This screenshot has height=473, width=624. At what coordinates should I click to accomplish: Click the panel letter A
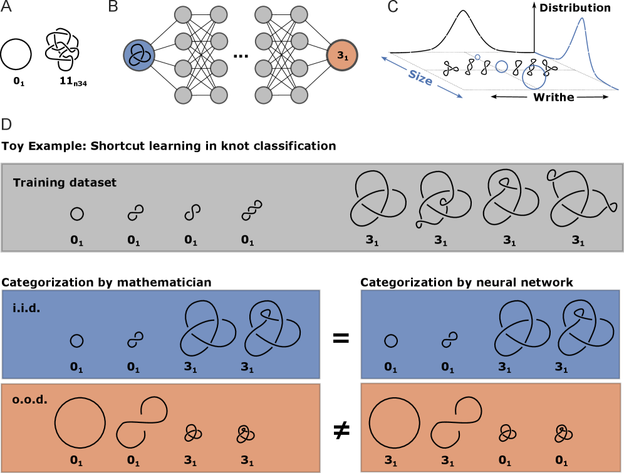tap(6, 7)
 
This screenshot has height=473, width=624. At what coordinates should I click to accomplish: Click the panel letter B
tap(113, 7)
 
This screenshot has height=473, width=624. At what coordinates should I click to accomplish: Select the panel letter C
tap(393, 7)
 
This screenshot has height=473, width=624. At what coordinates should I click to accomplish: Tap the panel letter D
tap(6, 125)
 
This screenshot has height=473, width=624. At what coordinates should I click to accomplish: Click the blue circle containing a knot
tap(139, 55)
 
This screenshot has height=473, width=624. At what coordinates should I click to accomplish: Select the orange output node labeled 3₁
tap(342, 56)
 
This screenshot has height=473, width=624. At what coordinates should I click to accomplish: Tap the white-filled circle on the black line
tap(501, 66)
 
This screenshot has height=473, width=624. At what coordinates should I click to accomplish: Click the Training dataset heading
tap(65, 183)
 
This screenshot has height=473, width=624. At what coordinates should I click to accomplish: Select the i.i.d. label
tap(26, 308)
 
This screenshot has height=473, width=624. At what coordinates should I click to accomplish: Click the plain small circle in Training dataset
tap(76, 214)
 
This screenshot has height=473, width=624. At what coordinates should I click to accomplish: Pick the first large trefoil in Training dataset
tap(373, 198)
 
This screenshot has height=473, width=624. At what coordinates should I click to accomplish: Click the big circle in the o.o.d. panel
tap(80, 422)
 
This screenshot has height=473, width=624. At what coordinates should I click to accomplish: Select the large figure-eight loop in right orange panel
tap(456, 422)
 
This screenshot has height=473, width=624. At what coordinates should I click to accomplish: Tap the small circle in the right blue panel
tap(390, 341)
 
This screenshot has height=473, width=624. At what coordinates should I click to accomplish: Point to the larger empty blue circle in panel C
tap(534, 77)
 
